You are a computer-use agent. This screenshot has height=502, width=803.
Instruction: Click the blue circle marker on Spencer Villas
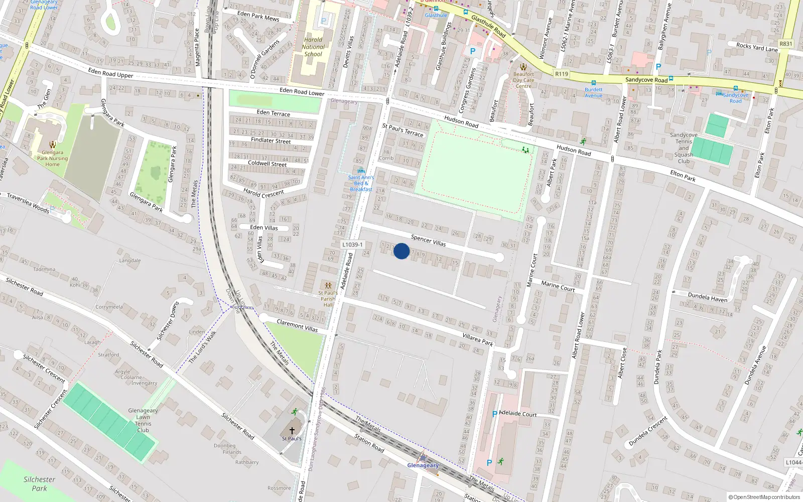(x=401, y=251)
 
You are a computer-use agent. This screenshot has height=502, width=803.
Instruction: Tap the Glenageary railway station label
(x=423, y=465)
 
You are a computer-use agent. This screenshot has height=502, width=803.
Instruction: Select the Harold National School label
(x=313, y=47)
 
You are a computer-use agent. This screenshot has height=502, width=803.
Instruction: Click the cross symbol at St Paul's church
(x=292, y=430)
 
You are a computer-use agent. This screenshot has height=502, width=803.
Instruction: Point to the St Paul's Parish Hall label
(x=328, y=299)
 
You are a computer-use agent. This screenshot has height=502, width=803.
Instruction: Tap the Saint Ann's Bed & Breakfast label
(x=361, y=183)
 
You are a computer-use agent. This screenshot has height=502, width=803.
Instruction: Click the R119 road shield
(x=562, y=74)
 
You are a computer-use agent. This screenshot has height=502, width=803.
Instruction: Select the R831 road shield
(x=786, y=44)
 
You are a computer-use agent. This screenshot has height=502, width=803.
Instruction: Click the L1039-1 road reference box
(x=352, y=244)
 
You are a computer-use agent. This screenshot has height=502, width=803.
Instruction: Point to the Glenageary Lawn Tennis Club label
(x=143, y=420)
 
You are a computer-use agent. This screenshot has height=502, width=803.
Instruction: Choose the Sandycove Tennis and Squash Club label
(x=684, y=148)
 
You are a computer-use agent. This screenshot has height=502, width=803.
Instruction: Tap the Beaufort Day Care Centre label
(x=523, y=80)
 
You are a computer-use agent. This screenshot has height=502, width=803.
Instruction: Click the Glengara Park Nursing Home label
(x=52, y=158)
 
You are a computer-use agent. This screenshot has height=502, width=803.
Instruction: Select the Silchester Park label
(x=39, y=484)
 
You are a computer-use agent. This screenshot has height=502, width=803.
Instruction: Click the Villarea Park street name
(x=478, y=339)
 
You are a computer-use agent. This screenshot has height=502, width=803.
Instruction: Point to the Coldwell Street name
(x=267, y=164)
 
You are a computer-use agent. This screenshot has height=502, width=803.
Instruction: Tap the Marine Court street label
(x=558, y=286)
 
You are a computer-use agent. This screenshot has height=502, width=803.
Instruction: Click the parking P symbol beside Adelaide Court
(x=494, y=414)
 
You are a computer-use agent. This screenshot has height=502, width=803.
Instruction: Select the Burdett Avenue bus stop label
(x=593, y=92)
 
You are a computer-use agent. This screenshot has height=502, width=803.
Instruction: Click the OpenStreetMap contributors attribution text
(x=764, y=497)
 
